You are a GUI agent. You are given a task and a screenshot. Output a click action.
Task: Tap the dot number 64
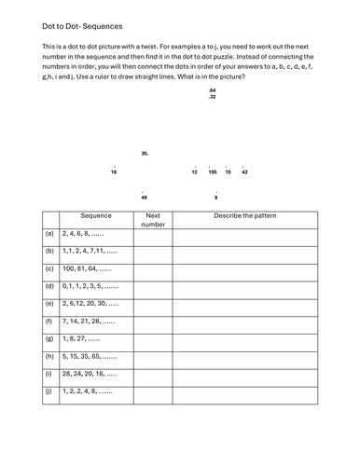213,89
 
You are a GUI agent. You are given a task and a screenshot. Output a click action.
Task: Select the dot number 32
213,97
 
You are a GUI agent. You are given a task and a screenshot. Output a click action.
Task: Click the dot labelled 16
114,172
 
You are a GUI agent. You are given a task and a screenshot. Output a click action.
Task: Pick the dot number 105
213,172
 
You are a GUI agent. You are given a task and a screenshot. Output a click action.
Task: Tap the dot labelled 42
244,172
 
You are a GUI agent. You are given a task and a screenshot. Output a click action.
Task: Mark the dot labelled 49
144,198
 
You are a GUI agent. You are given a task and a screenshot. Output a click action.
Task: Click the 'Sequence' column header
96,215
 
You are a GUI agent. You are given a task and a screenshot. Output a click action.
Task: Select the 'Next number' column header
154,220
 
